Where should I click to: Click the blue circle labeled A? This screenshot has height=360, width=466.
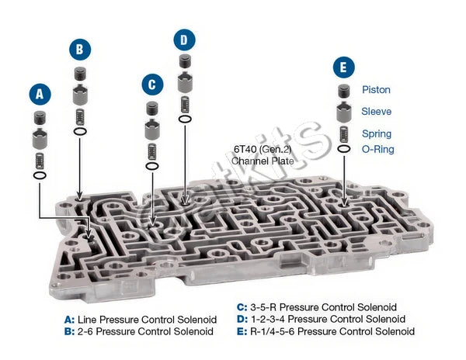[40, 94]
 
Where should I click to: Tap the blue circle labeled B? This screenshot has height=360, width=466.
[80, 49]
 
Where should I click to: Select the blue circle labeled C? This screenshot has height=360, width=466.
[152, 85]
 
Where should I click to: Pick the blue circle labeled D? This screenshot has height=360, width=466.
[185, 40]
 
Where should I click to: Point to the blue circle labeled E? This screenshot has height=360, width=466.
[344, 67]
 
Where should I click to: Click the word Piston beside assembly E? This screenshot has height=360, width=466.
[376, 90]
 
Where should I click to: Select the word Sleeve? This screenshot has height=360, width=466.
[376, 111]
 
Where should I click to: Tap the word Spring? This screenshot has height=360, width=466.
[377, 134]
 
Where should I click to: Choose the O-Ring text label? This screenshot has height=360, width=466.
[377, 149]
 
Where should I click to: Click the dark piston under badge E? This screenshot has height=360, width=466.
[344, 91]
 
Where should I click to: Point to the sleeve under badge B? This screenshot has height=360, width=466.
[80, 95]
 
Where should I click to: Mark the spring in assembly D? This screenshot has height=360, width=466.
[185, 105]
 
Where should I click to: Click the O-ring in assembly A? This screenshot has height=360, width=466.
[40, 175]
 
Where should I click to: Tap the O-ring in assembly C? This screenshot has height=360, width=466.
[152, 166]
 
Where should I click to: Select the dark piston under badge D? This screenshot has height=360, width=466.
[185, 61]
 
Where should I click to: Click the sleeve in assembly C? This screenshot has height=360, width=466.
[152, 130]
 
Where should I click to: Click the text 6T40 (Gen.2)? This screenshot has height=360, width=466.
[263, 149]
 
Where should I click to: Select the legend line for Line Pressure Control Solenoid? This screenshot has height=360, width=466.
[141, 320]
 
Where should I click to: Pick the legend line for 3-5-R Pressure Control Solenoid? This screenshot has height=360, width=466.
[317, 307]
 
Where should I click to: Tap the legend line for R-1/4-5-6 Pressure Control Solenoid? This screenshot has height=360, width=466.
[325, 331]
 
